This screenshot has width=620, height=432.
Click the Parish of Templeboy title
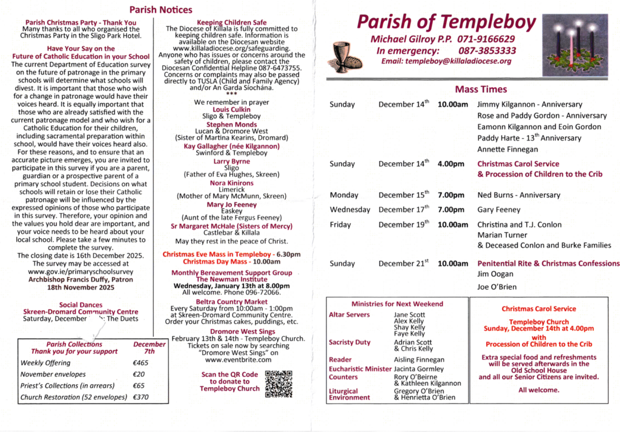click(x=446, y=22)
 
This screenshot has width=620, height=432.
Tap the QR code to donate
click(x=279, y=384)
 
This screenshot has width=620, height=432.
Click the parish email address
click(x=446, y=61)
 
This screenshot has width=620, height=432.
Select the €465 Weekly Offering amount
click(x=141, y=363)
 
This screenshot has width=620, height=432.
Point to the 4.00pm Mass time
click(x=450, y=164)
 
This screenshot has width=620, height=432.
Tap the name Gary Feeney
click(x=498, y=210)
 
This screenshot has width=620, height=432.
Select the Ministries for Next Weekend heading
click(x=397, y=304)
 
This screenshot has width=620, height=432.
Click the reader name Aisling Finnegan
click(x=418, y=360)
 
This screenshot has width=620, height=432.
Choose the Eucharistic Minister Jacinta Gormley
click(x=418, y=368)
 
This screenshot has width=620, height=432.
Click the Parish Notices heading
click(x=161, y=10)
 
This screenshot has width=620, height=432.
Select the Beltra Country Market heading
click(x=231, y=301)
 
